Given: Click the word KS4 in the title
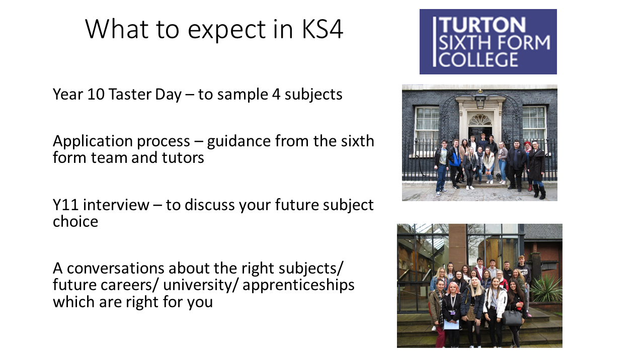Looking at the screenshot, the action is click(323, 29).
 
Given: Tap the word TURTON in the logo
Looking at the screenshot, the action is click(482, 25).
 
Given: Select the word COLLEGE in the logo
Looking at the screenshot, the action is click(478, 59).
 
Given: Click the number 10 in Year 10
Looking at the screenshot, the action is click(96, 94).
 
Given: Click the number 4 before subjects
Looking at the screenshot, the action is click(276, 94).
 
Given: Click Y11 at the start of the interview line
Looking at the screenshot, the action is click(65, 205).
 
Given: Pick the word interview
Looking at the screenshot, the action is click(116, 205).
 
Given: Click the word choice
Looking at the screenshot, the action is click(75, 222).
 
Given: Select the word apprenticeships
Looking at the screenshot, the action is click(298, 285).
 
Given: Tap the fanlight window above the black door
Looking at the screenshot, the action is click(479, 119).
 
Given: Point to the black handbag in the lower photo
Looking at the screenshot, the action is click(512, 316).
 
